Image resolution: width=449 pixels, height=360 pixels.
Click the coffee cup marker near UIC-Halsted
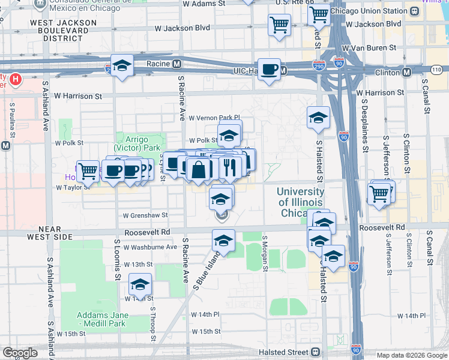coord(269,69)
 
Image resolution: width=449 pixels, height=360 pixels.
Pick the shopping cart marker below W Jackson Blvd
coord(279,25)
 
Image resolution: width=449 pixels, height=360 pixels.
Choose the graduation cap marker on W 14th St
coord(140,286)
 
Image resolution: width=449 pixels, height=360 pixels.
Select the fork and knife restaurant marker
coord(229,168)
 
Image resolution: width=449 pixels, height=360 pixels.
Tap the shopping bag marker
coord(198,170)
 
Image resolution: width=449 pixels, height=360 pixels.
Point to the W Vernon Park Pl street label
coord(214,118)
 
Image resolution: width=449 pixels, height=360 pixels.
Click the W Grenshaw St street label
coord(145,215)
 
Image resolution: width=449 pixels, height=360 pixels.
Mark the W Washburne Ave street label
coord(150,247)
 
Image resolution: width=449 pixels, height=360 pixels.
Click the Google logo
coord(20,353)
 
